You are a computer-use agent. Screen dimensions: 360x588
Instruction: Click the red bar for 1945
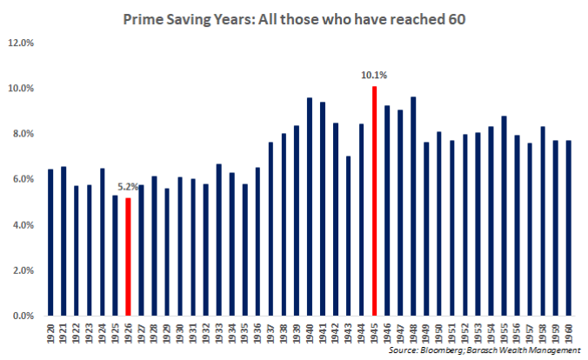coord(374,201)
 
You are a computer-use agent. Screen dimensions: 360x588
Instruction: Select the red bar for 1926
coord(128,257)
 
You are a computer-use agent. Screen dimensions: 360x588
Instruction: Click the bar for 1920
coord(50,243)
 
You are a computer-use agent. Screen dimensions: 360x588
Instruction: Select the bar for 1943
coord(349,236)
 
